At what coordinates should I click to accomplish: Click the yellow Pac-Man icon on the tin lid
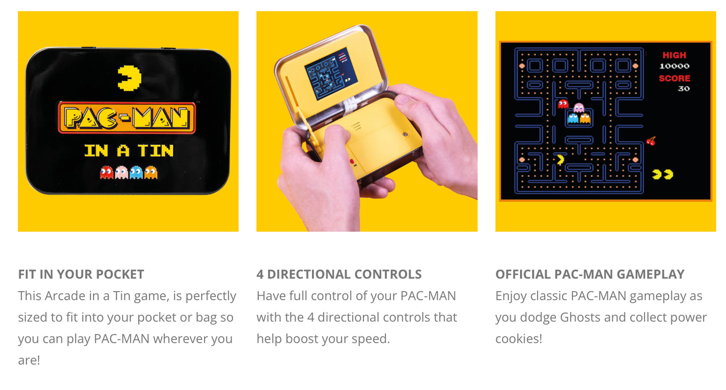pos(129,78)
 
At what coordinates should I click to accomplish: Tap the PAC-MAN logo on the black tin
pos(127,118)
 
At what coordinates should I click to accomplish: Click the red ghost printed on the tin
pos(107,172)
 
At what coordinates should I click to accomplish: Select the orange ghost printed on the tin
pos(151,172)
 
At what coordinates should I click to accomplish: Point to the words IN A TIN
pos(129,151)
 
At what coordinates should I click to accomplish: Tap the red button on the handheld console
pos(352,162)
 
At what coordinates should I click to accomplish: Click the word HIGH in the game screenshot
pos(674,55)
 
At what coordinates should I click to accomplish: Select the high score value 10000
pos(674,66)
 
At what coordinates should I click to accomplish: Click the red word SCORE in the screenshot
pos(674,78)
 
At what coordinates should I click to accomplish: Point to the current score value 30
pos(684,88)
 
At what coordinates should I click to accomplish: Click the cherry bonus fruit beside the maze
pos(651,141)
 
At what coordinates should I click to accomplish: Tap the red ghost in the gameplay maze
pos(563,104)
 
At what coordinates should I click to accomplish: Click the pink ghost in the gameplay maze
pos(578,108)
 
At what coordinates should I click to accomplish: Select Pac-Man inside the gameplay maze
pos(560,160)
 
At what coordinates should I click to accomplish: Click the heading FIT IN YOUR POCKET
pos(81,275)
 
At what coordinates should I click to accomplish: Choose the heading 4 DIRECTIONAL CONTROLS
pos(339,275)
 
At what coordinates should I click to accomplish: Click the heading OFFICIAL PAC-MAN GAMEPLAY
pos(590,275)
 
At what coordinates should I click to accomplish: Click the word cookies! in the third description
pos(519,339)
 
